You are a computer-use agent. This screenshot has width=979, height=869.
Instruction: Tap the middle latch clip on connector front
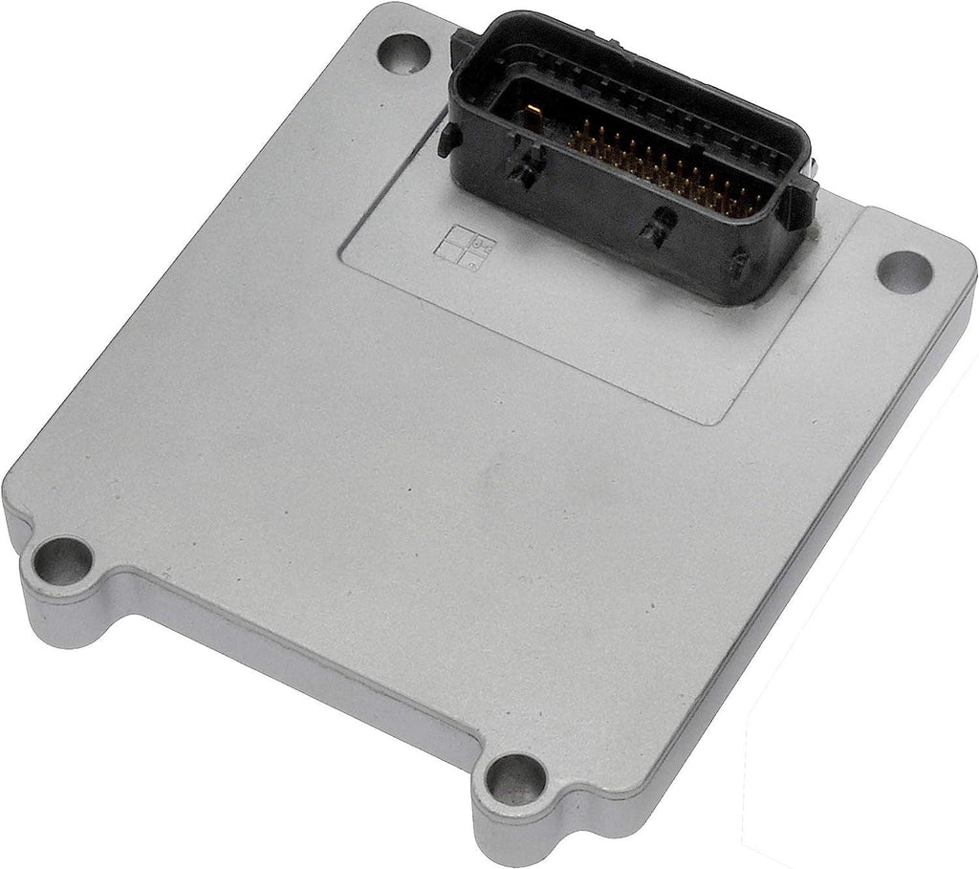652,227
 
